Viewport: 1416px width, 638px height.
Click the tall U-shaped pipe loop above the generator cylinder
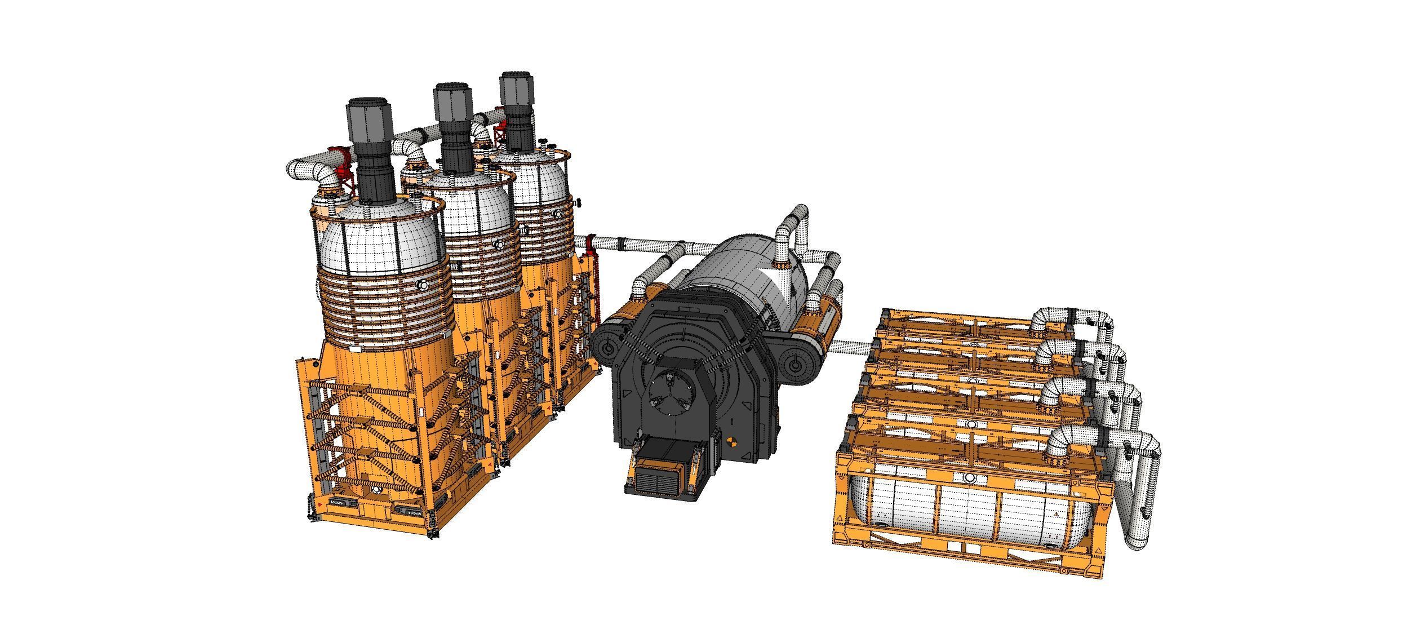pos(793,225)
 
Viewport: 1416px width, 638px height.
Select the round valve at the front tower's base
pos(376,493)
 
